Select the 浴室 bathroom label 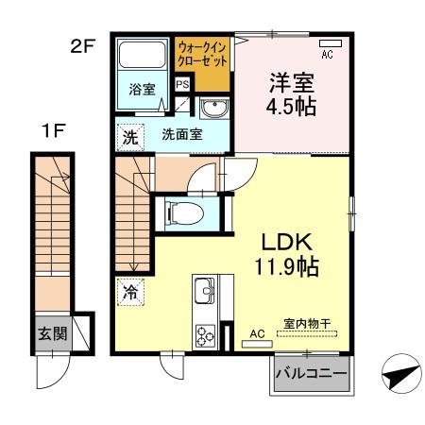tap(143, 92)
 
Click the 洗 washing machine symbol tap(128, 136)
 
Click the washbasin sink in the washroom tap(214, 107)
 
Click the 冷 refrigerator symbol tap(129, 292)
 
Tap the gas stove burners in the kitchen tap(205, 334)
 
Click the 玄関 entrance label tap(52, 333)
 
